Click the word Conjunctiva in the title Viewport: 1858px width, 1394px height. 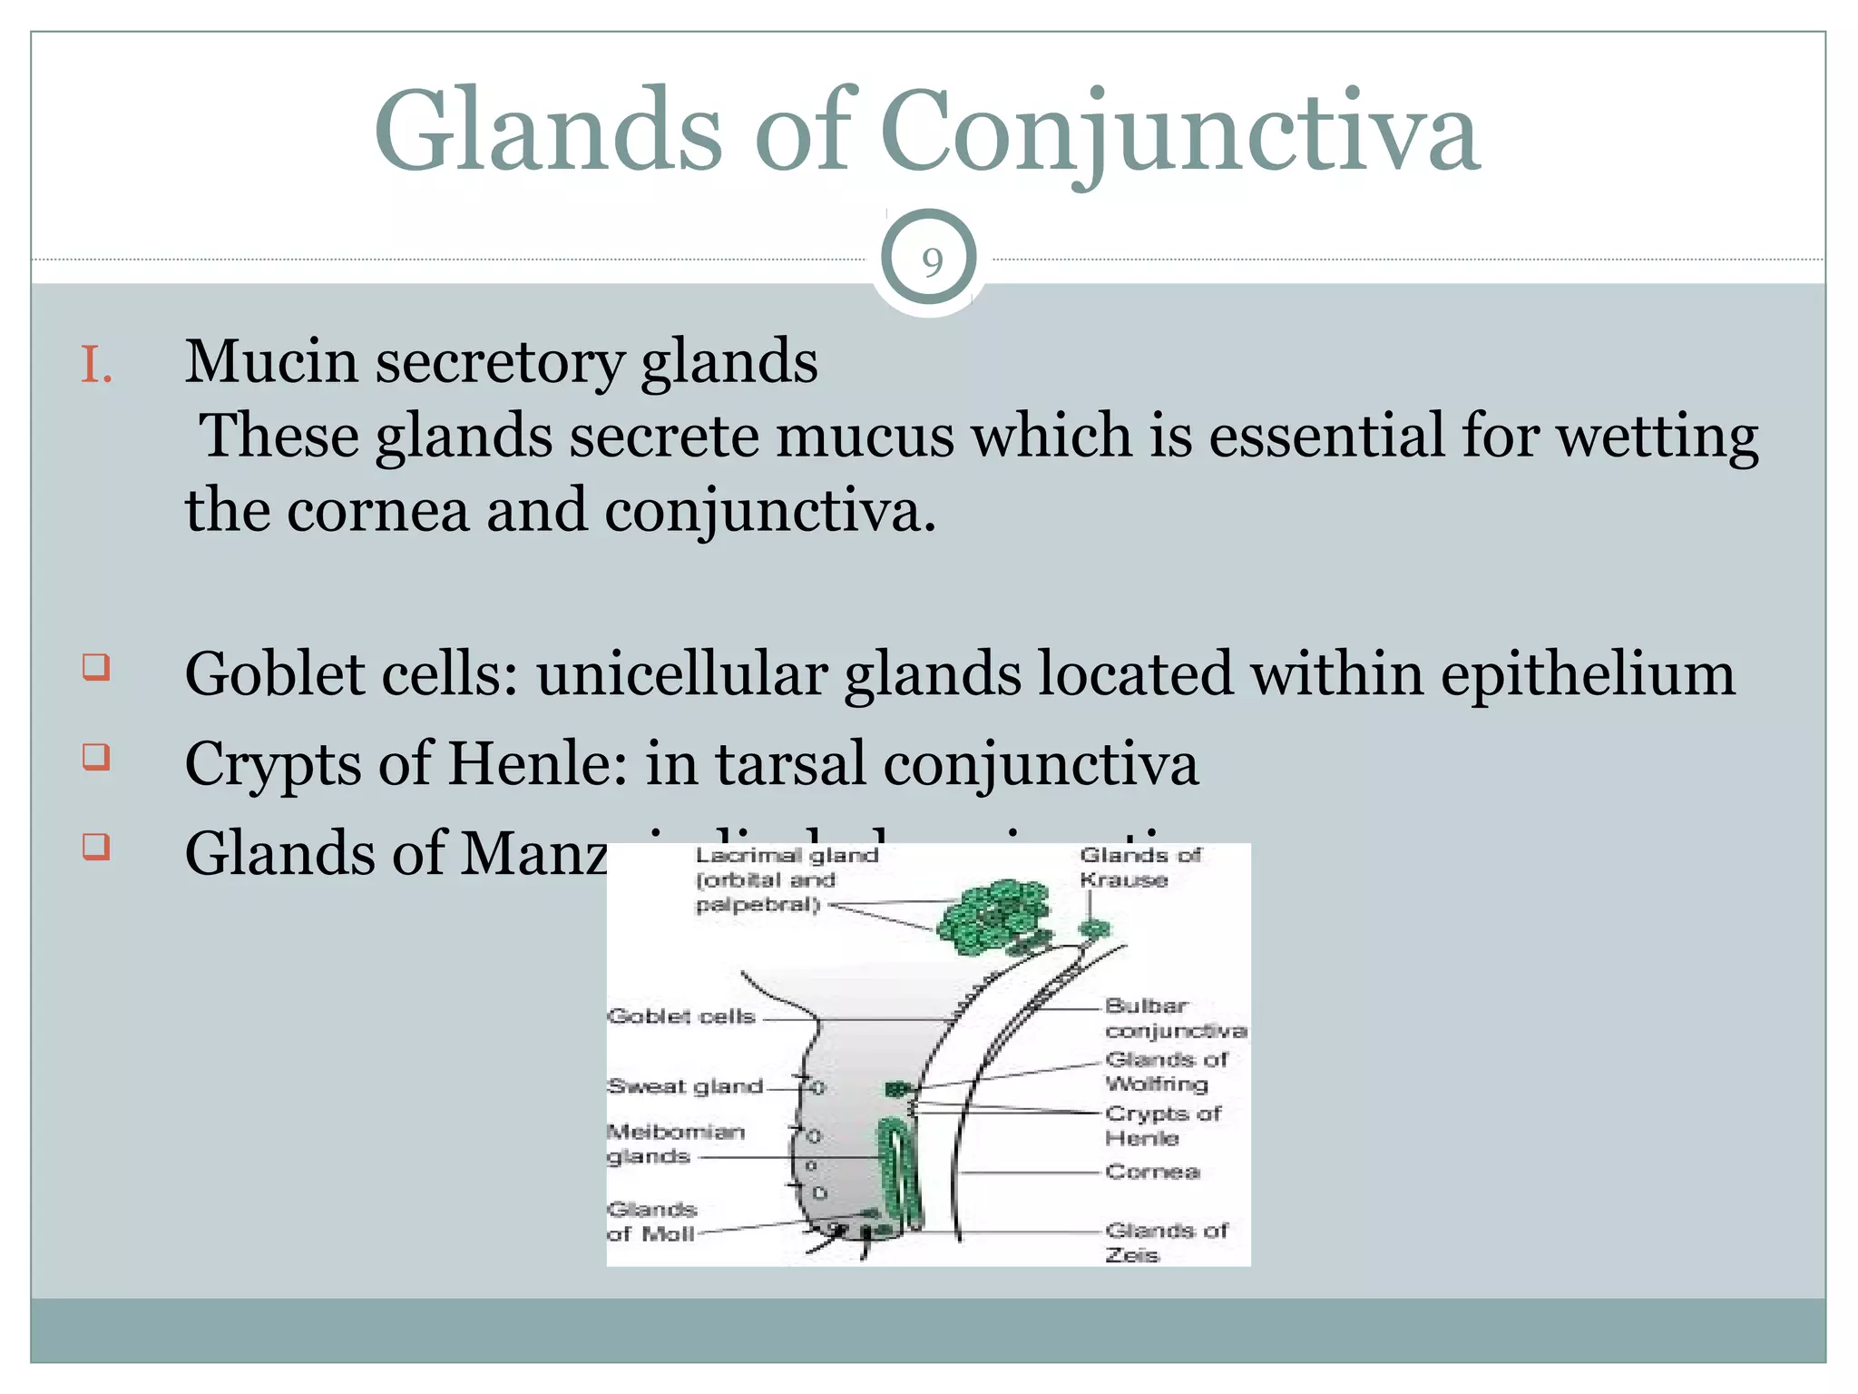pos(1179,132)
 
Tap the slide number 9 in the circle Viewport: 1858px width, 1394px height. pos(931,262)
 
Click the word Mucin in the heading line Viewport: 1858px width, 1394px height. pos(271,362)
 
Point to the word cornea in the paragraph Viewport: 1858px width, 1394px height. pos(378,511)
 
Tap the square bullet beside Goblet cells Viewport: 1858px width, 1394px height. pos(96,668)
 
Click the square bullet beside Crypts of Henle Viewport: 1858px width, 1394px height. pos(96,757)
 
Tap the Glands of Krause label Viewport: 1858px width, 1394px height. pos(1139,867)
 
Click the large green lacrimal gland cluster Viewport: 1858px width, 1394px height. pos(993,917)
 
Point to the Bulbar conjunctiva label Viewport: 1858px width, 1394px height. pos(1174,1018)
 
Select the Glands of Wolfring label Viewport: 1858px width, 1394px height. pos(1165,1071)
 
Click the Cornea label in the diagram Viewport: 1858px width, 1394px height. pos(1152,1172)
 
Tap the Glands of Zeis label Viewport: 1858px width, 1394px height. pos(1165,1242)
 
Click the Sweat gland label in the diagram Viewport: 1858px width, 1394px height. pos(685,1086)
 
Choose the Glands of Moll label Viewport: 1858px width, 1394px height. pos(652,1222)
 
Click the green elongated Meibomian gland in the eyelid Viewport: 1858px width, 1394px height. pos(898,1171)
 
